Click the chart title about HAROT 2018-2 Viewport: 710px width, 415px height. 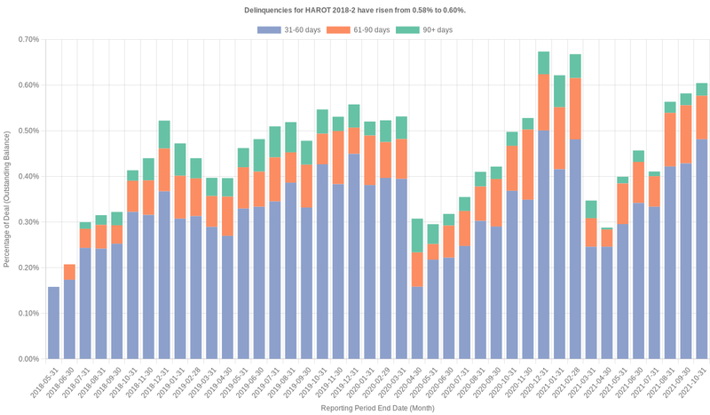[354, 10]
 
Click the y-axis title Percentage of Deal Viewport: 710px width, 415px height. [7, 199]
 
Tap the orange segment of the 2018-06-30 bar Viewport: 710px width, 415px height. [70, 272]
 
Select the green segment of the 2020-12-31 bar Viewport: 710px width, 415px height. [544, 63]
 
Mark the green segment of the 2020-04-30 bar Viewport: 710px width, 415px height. [417, 235]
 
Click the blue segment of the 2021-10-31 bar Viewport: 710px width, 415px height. [702, 249]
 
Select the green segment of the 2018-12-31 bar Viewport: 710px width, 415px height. [164, 134]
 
